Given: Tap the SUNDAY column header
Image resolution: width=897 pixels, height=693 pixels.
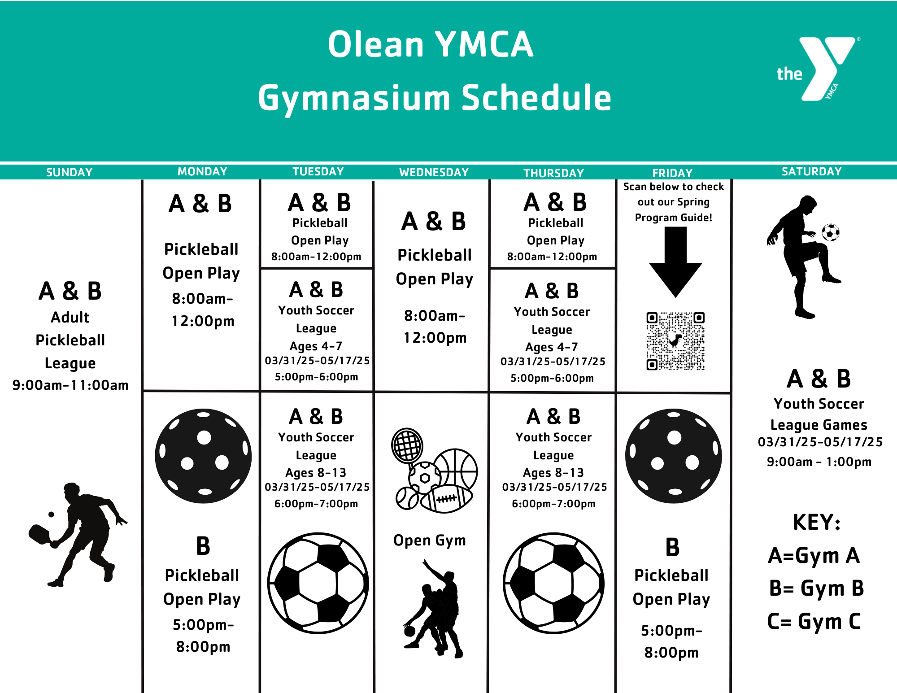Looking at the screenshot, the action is point(69,172).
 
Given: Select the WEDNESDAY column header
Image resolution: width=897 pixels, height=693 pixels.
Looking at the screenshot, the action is point(434,172).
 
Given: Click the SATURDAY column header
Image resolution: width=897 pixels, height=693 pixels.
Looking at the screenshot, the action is point(811,171).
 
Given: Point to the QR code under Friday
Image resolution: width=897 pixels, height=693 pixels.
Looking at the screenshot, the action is point(675,341).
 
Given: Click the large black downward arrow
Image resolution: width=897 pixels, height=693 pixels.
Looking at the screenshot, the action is point(675,262).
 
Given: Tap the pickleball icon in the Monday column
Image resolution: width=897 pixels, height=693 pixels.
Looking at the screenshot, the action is point(203,456).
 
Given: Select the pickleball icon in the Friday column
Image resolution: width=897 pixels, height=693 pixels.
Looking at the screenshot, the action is point(674,456).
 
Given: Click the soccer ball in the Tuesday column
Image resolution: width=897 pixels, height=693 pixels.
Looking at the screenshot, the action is point(318,583).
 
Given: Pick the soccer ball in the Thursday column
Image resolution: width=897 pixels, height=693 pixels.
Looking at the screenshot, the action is point(553,583).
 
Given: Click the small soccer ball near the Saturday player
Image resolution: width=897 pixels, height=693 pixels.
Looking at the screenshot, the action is point(831,232).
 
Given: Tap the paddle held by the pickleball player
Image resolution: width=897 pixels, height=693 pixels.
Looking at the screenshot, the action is point(39,534).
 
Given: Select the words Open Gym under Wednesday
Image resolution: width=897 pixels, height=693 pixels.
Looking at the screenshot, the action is point(429,540).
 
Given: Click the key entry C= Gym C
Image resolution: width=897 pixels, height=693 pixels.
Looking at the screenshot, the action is point(814,622).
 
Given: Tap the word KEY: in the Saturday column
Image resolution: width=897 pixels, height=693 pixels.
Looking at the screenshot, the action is point(816,522).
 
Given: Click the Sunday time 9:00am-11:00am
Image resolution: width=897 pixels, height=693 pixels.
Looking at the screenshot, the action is point(70,385).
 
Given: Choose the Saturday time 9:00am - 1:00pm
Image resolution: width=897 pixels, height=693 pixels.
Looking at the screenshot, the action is point(819,462).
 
